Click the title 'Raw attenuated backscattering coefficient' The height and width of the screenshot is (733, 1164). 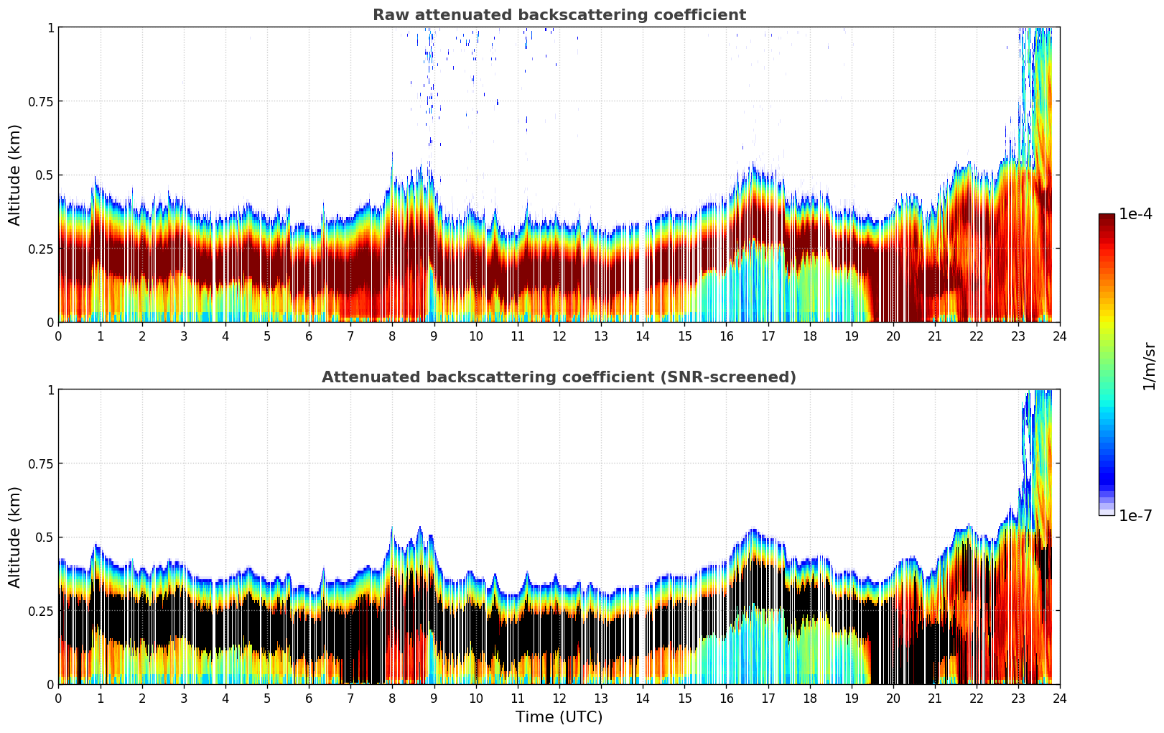(559, 15)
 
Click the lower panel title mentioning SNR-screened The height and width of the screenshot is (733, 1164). (559, 377)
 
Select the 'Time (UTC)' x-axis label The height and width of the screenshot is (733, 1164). (559, 717)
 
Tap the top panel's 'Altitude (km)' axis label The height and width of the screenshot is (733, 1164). (15, 175)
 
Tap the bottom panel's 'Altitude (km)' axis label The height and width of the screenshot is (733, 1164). (15, 537)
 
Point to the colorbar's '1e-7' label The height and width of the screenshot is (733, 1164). (1135, 515)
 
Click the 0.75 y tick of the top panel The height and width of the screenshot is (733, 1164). (40, 101)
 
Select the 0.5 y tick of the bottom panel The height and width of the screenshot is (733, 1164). (45, 538)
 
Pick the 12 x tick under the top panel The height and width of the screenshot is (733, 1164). (559, 336)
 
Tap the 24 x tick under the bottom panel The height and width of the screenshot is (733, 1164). (1059, 699)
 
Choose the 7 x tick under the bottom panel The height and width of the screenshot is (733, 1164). (350, 699)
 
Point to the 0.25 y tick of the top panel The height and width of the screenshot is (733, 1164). (40, 249)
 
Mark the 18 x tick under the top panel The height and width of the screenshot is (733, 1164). (809, 336)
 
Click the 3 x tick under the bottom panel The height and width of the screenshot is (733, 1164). (184, 699)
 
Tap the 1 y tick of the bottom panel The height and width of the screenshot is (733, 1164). (50, 389)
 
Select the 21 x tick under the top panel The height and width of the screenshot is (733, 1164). (934, 336)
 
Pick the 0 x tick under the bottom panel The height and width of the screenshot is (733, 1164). (59, 699)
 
